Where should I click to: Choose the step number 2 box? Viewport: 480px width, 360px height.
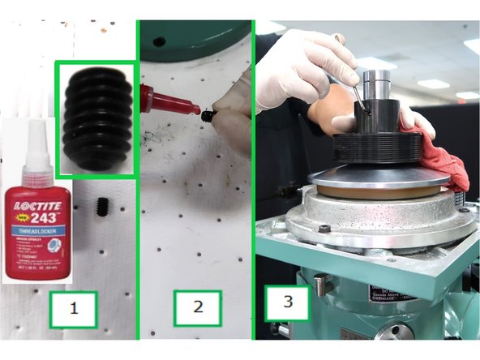196,307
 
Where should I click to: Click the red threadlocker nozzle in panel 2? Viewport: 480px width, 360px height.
171,101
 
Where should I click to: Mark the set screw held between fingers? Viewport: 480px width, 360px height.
208,117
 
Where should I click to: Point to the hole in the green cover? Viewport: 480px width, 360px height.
159,41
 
